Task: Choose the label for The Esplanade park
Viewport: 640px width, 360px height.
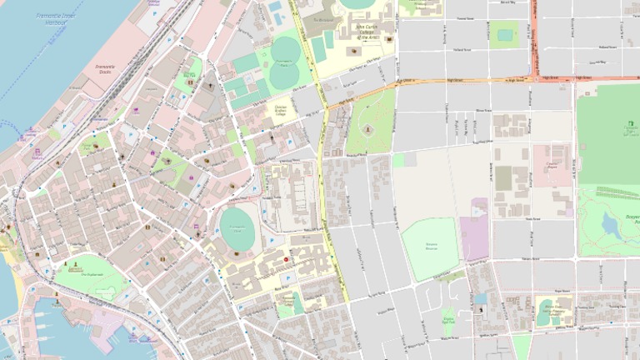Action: click(92, 273)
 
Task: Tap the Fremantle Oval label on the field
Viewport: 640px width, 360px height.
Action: click(237, 227)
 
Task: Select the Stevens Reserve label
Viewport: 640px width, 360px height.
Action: click(430, 247)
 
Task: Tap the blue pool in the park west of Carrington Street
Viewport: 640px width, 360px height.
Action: click(504, 34)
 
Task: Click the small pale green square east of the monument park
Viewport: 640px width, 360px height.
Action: click(398, 160)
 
